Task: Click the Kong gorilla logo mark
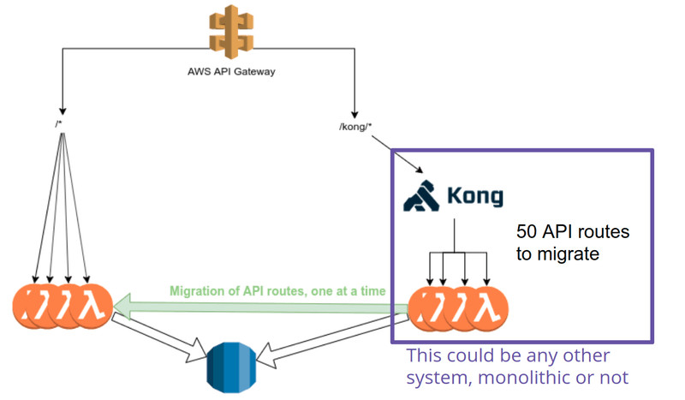[421, 194]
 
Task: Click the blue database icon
[232, 366]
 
